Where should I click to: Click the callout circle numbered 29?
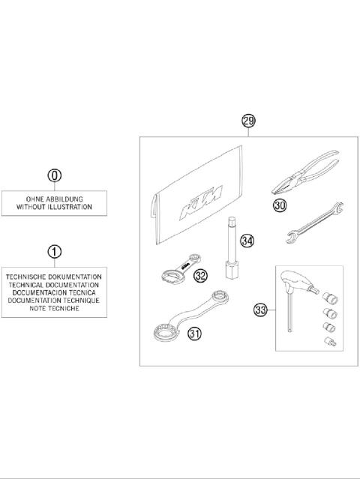pyautogui.click(x=248, y=121)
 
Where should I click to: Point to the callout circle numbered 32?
pyautogui.click(x=199, y=275)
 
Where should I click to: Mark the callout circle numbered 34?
pyautogui.click(x=247, y=241)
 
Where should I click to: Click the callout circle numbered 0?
pyautogui.click(x=54, y=176)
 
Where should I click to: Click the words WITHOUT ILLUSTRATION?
pyautogui.click(x=54, y=206)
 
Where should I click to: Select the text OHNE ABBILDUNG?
pyautogui.click(x=54, y=198)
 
